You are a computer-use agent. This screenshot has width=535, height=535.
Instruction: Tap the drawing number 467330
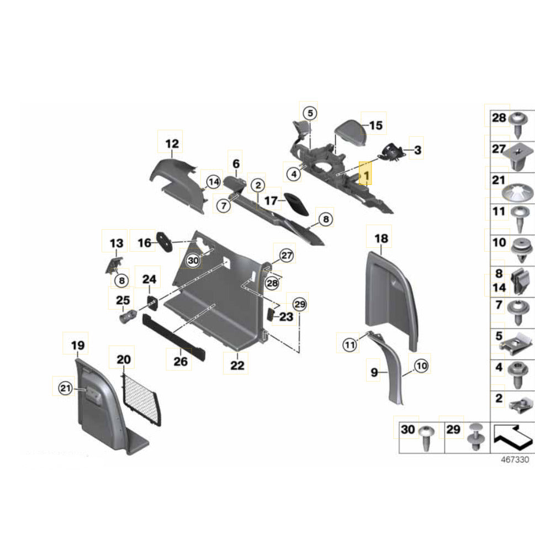(x=515, y=459)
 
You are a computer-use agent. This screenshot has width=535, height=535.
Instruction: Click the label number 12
(x=172, y=144)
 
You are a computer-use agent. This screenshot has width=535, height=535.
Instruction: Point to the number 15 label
(x=375, y=126)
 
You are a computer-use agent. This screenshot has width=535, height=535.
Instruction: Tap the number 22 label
(x=237, y=365)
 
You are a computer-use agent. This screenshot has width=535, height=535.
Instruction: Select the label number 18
(x=382, y=239)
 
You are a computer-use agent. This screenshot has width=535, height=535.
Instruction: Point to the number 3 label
(x=417, y=150)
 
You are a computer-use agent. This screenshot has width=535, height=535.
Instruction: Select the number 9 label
(x=374, y=373)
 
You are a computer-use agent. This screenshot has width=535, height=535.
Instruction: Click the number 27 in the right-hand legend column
(x=499, y=149)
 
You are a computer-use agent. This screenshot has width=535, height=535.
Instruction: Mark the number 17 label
(x=271, y=201)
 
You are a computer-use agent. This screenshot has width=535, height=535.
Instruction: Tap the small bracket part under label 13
(x=114, y=263)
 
